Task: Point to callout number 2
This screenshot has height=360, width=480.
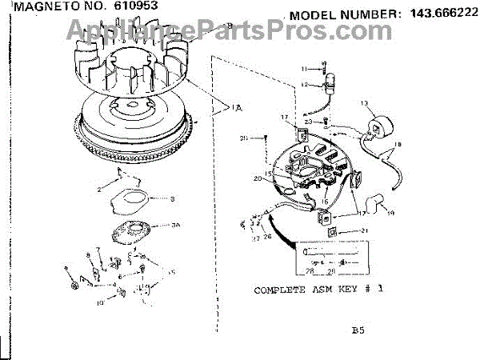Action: pos(100,189)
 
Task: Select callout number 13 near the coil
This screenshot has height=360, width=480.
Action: pos(364,103)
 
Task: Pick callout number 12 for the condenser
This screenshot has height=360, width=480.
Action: pos(304,84)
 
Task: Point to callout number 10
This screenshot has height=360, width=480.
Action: pos(101,303)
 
